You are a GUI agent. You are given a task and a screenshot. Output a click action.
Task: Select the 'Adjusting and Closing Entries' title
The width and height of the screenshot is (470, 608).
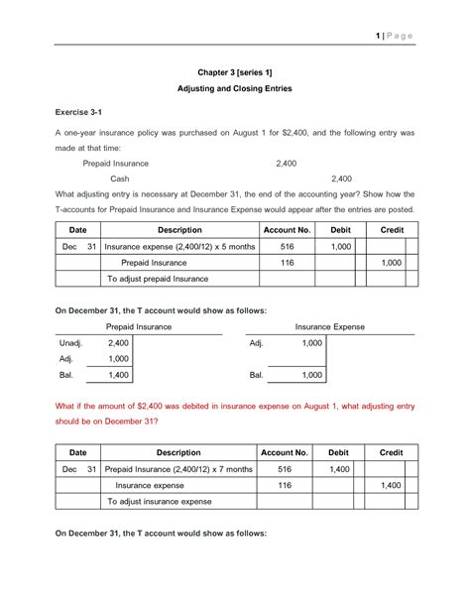point(235,89)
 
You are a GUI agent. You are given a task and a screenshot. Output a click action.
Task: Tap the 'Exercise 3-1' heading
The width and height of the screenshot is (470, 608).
point(82,116)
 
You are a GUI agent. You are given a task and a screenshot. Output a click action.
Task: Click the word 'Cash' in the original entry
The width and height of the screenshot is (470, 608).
point(120,179)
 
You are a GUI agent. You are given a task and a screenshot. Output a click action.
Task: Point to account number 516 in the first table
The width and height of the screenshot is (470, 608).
point(288,246)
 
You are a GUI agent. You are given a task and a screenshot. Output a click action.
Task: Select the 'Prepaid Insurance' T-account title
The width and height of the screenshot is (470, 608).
point(138,325)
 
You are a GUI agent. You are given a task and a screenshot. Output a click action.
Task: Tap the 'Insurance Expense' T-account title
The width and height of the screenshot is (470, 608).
point(329,325)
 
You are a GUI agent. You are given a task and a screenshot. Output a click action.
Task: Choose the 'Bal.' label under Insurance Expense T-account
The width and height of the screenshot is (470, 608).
point(257,376)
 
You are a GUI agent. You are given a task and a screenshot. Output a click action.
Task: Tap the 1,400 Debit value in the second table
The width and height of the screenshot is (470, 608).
point(340,469)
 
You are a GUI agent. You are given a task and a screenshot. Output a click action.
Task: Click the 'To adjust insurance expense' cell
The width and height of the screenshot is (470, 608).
point(159,502)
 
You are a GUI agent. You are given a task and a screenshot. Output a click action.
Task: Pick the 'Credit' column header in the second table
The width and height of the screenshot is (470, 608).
point(391,452)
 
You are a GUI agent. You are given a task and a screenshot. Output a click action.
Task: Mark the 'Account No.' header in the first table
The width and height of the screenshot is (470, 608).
point(288,229)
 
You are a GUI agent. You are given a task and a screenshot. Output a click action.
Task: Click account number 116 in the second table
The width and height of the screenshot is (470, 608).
point(288,486)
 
